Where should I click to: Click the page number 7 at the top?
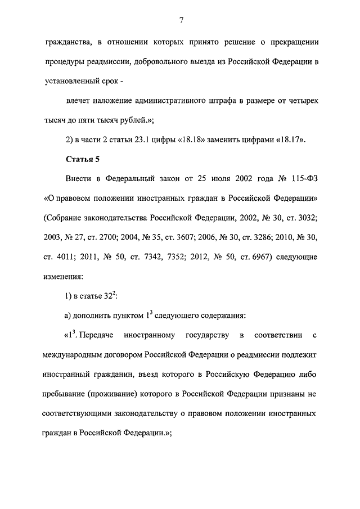tap(181, 21)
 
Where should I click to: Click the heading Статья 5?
tap(83, 159)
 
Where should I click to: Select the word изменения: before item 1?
tap(63, 277)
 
